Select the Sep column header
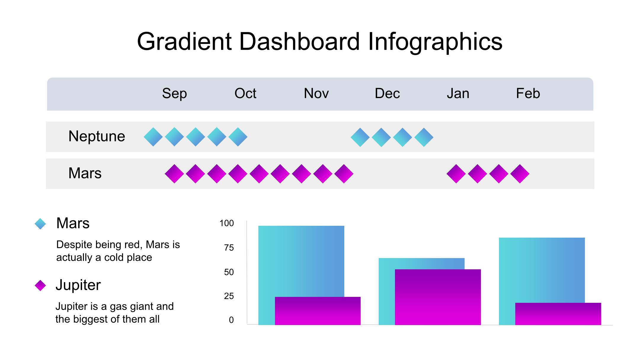pos(174,94)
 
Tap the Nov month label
pos(316,94)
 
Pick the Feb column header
pos(528,94)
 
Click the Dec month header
pos(387,94)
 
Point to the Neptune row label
pos(97,136)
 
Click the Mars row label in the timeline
pos(85,173)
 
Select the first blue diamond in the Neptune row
pos(153,137)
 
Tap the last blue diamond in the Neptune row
pos(424,137)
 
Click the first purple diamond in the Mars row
pos(174,174)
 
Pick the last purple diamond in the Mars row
pos(520,174)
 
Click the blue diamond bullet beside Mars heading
pos(40,224)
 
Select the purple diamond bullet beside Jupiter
pos(40,286)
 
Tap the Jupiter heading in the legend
pos(78,285)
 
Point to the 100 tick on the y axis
pos(227,223)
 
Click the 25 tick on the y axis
pos(229,296)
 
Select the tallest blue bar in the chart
pos(301,261)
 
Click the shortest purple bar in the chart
pos(558,314)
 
